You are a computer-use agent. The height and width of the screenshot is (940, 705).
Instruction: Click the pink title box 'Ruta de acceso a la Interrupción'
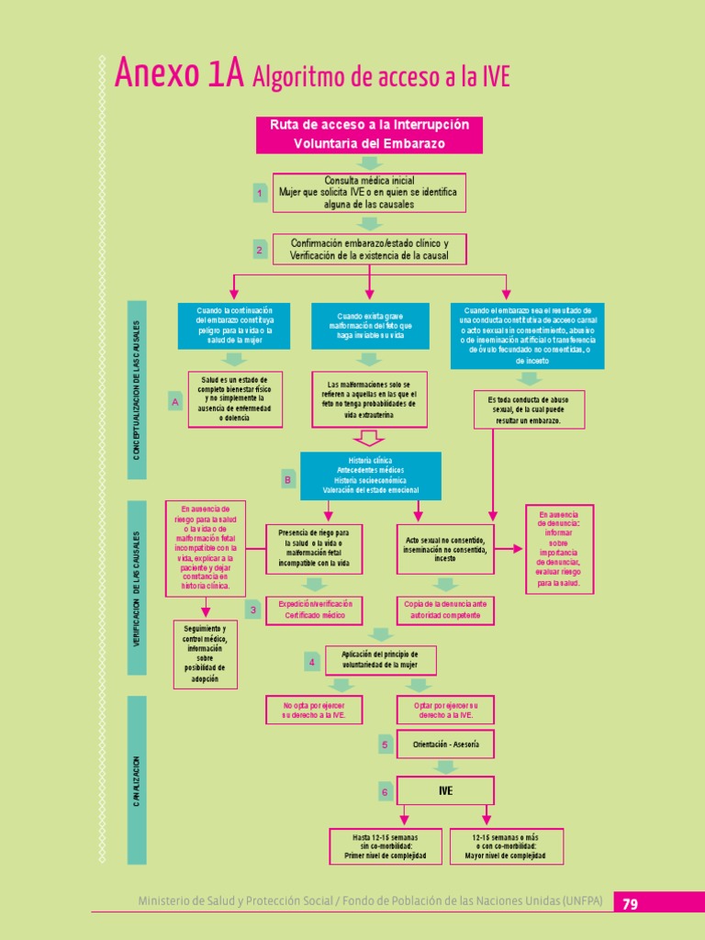pos(369,134)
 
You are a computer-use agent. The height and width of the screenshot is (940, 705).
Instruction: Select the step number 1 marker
pos(260,194)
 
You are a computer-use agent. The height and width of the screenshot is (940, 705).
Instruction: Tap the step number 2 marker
pos(260,250)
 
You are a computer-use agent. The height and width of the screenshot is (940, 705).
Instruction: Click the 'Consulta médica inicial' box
pos(369,193)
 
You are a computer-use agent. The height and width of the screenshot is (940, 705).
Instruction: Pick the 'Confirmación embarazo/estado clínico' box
pos(369,249)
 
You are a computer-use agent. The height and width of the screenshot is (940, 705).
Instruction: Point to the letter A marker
pos(173,402)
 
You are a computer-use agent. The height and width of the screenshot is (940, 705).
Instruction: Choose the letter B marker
pos(287,479)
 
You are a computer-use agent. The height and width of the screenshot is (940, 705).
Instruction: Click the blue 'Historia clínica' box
pos(370,476)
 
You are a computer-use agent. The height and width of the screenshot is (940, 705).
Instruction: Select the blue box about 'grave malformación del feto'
pos(369,326)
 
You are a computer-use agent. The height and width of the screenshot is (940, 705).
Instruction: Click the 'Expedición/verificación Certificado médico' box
pos(315,610)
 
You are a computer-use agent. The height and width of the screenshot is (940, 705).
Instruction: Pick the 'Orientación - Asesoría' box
pos(445,744)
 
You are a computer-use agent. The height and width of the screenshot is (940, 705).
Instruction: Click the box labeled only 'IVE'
pos(445,790)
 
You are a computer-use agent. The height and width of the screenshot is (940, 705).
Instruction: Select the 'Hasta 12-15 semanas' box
pos(385,846)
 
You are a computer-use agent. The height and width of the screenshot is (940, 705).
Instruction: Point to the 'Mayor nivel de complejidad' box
pos(507,846)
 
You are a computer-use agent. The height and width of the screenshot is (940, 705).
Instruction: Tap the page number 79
pos(630,903)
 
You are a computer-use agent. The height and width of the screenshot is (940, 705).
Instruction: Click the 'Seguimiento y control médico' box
pos(205,654)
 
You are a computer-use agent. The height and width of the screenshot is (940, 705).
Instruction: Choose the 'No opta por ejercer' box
pos(315,710)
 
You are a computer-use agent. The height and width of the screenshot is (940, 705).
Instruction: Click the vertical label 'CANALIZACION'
pos(136,780)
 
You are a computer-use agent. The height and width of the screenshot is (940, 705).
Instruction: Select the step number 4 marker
pos(312,662)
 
